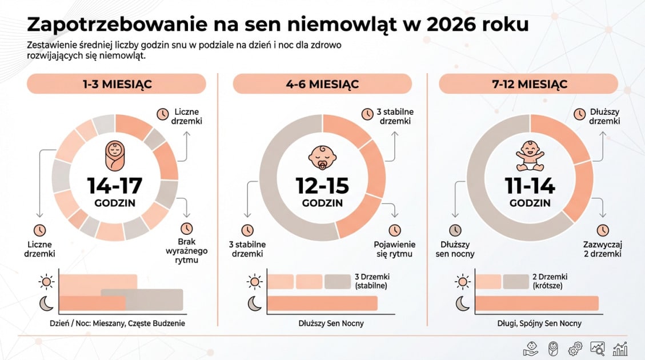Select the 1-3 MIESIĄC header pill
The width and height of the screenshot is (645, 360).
116,84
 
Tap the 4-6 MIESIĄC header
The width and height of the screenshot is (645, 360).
322,84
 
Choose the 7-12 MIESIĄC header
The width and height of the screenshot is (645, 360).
528,84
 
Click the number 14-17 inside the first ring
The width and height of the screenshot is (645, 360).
115,186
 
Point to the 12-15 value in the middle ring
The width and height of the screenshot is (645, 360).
322,186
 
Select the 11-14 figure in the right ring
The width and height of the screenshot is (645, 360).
530,186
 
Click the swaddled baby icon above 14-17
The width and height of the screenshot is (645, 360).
114,155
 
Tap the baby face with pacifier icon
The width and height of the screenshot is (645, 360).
322,155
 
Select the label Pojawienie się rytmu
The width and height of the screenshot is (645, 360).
395,249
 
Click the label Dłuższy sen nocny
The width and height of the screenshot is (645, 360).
455,249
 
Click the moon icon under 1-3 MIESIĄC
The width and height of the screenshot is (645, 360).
46,304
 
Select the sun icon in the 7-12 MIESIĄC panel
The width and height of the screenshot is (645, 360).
462,282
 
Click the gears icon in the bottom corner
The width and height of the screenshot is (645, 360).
575,348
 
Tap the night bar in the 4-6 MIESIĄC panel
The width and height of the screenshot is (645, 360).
322,303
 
